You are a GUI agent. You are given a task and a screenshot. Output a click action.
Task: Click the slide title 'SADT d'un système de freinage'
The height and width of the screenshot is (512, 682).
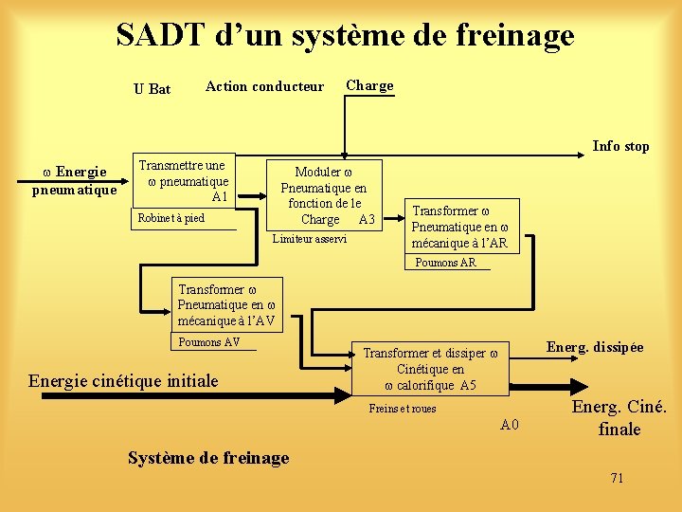pos(345,35)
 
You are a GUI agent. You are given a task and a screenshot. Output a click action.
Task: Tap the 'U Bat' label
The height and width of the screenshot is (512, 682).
pos(152,89)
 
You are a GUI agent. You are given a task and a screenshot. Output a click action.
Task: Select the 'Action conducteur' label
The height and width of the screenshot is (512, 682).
pos(264,86)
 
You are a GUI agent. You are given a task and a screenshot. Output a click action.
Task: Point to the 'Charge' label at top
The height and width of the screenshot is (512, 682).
pos(369,85)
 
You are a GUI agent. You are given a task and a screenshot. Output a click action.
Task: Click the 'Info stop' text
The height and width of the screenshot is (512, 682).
pos(620,146)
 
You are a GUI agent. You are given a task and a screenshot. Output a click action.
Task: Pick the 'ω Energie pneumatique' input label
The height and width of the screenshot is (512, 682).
pos(75,180)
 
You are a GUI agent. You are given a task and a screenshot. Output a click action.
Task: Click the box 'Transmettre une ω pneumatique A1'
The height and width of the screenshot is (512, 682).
pos(183,180)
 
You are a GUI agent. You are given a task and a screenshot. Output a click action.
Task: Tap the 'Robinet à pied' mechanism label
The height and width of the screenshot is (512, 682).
pos(170,218)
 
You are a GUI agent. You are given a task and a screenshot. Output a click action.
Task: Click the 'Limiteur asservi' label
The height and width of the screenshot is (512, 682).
pos(310,239)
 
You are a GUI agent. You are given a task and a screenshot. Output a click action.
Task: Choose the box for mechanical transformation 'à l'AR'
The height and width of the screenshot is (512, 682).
pos(459,227)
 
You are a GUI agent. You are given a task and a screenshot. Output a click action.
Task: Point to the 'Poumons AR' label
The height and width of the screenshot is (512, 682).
pos(446,263)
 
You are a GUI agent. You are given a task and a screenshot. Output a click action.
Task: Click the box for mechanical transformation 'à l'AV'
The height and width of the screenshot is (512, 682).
pos(226,304)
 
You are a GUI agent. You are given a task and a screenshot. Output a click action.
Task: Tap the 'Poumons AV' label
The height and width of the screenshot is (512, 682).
pos(209,342)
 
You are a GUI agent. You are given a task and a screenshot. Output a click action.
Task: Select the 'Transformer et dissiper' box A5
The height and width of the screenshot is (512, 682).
pos(430,369)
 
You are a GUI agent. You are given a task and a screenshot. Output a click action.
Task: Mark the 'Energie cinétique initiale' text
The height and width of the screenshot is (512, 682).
pos(123,380)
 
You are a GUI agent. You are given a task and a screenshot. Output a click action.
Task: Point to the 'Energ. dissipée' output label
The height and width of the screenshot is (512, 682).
pos(595,347)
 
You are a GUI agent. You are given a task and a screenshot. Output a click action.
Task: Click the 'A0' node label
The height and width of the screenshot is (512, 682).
pos(511,424)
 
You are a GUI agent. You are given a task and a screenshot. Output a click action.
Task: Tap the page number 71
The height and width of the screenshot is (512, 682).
pos(617,478)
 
